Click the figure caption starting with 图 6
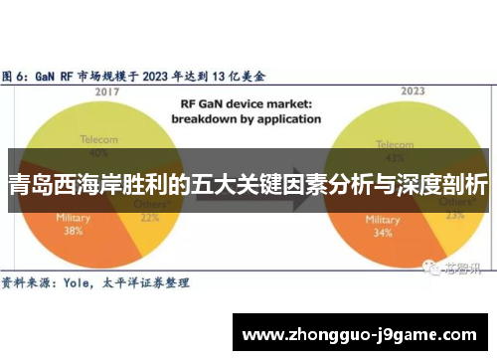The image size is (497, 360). point(139,75)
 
